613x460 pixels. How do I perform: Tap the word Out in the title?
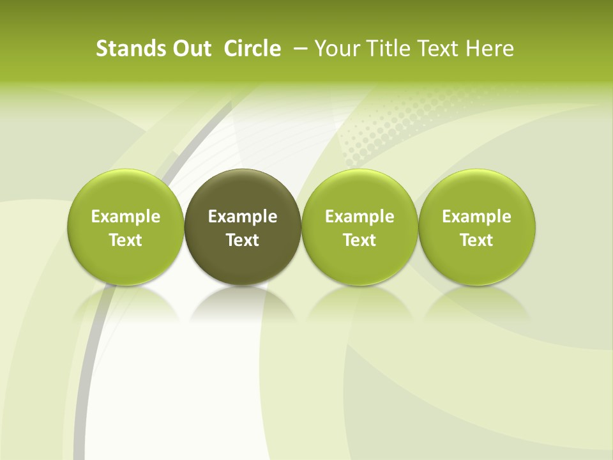pyautogui.click(x=190, y=49)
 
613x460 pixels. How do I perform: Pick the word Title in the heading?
pyautogui.click(x=386, y=49)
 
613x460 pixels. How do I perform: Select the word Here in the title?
pyautogui.click(x=490, y=49)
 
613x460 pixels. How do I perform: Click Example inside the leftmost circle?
pyautogui.click(x=126, y=217)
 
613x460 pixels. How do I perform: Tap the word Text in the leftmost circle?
pyautogui.click(x=126, y=240)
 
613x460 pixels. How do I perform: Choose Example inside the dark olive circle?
pyautogui.click(x=243, y=217)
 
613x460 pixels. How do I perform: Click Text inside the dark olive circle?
pyautogui.click(x=243, y=240)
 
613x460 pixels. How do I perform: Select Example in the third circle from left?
pyautogui.click(x=359, y=217)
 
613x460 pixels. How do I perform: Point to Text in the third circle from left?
pyautogui.click(x=359, y=240)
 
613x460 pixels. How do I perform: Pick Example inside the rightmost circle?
pyautogui.click(x=476, y=217)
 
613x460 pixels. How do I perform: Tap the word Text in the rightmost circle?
pyautogui.click(x=476, y=240)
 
